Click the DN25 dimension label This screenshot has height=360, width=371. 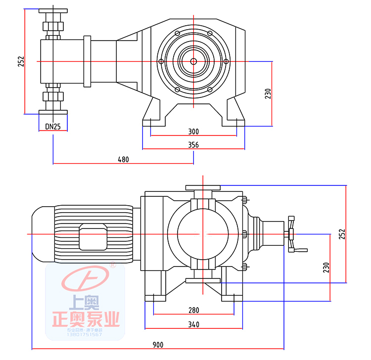click(53, 127)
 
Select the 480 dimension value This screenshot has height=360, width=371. click(123, 160)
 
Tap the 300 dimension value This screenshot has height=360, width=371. click(193, 132)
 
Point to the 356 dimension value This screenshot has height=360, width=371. click(193, 145)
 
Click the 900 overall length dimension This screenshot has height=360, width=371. click(158, 345)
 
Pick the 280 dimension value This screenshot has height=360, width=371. click(193, 310)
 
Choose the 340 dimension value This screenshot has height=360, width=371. click(193, 324)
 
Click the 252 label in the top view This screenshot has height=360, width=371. click(21, 61)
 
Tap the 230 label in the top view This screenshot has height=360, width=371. click(268, 93)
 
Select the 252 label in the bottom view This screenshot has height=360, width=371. click(342, 234)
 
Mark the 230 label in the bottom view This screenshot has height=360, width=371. click(326, 267)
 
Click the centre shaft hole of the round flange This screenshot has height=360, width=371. click(193, 61)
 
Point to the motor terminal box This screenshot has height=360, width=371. click(93, 238)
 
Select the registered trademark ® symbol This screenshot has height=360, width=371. click(113, 266)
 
